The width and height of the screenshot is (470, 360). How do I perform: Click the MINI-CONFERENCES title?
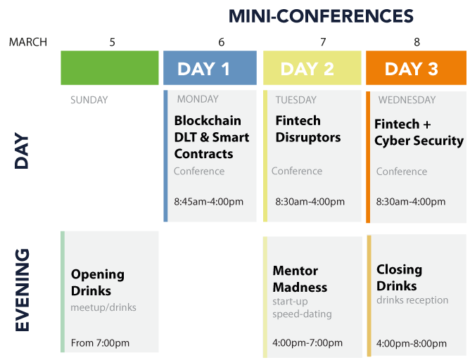point(321,16)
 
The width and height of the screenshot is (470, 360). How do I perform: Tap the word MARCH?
point(28,42)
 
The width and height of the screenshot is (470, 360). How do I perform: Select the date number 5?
point(112,42)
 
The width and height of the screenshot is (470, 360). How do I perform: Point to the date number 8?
point(417,42)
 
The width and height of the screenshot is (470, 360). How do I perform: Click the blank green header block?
point(110,67)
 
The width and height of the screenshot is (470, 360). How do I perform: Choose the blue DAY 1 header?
point(210,67)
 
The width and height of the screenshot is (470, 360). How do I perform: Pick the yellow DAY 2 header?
point(312,67)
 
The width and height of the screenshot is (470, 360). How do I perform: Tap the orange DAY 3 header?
point(416,67)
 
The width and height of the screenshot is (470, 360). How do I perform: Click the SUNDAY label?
point(89,100)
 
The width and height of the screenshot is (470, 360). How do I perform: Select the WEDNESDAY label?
point(407,100)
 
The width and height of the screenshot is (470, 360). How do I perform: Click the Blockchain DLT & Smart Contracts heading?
point(212,137)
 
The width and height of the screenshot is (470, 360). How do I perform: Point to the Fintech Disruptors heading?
point(308,129)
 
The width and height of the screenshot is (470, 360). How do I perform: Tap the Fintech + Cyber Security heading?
point(419,133)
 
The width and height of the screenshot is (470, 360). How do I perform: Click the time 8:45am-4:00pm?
point(209,202)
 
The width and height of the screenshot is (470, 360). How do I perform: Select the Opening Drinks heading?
point(98,283)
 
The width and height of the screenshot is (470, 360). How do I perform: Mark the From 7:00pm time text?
point(100,342)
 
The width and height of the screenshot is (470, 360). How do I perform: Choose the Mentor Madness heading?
point(300,279)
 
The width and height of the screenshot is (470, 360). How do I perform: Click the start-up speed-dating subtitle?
point(302,307)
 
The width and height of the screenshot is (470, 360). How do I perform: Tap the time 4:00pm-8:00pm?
point(411,343)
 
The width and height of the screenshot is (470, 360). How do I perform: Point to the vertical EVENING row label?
point(23,290)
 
